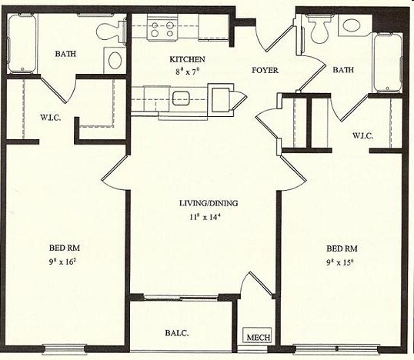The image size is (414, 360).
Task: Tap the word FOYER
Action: click(265, 71)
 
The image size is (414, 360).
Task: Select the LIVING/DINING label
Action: click(209, 203)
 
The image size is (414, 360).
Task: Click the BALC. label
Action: click(177, 334)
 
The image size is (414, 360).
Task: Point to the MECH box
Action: click(254, 335)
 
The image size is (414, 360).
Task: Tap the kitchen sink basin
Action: click(182, 98)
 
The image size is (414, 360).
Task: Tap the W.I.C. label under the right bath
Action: click(363, 136)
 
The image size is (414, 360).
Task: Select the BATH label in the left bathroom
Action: click(65, 54)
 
